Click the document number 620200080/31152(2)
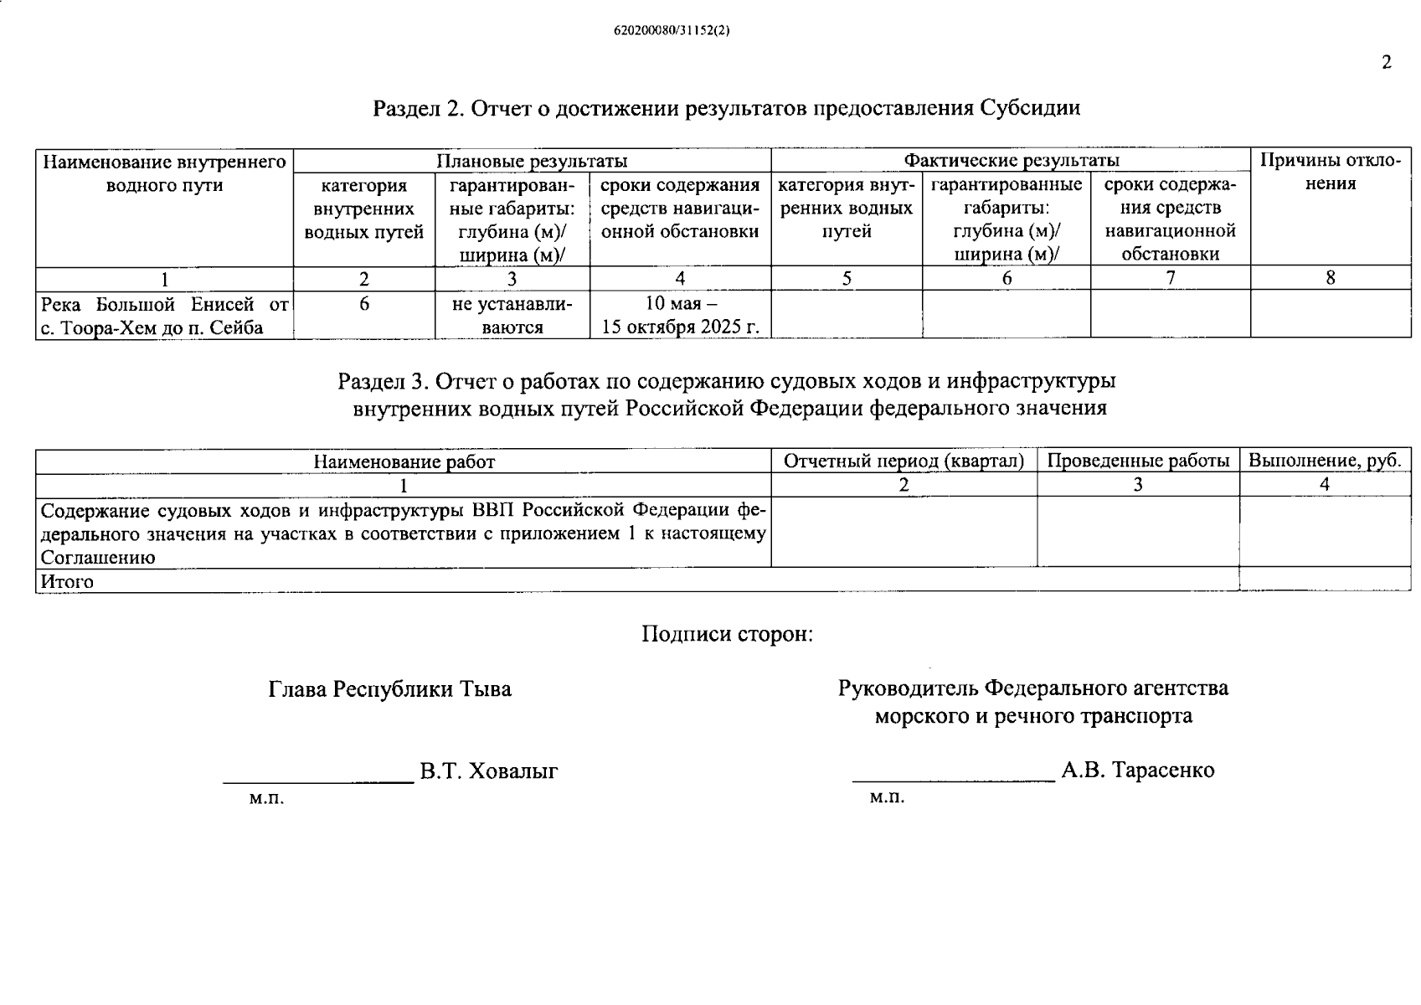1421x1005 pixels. (672, 30)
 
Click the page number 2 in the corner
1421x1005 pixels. (1387, 63)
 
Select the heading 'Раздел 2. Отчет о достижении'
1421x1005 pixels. (726, 108)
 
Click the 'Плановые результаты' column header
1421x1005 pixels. (532, 161)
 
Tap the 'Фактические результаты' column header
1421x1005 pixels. (1011, 161)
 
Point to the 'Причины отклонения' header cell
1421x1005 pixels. (1330, 172)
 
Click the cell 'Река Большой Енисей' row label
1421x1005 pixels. (164, 316)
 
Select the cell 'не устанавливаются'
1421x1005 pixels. (512, 316)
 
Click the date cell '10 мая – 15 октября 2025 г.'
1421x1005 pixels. (680, 315)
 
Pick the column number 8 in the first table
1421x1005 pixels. (1330, 278)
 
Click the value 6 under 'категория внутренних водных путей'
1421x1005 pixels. (364, 304)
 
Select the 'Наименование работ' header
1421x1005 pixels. (404, 461)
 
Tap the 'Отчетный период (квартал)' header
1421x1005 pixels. (904, 461)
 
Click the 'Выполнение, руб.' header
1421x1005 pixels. (1324, 461)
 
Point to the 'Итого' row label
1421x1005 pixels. (67, 581)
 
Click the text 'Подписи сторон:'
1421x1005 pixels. (727, 634)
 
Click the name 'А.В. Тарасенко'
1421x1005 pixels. (1137, 770)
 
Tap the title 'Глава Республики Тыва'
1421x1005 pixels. (389, 689)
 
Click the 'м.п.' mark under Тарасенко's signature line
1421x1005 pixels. (887, 797)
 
